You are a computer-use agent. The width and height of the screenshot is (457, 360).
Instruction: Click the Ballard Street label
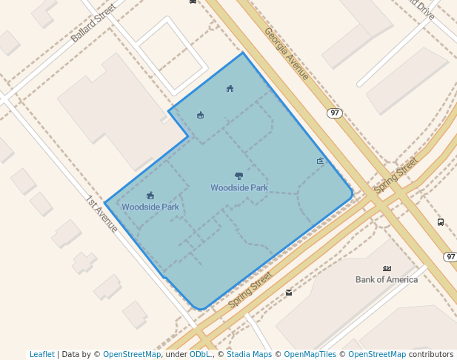pos(94,26)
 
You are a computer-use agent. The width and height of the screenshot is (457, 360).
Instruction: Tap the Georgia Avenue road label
pos(286,53)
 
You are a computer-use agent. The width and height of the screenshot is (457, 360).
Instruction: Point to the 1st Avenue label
pos(101,214)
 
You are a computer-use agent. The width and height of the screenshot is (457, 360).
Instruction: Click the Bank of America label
pos(387,279)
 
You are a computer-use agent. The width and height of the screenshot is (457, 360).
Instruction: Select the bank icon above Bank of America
pos(387,268)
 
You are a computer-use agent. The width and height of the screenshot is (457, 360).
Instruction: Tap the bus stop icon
pos(441,221)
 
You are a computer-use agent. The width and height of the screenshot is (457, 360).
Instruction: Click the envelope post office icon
pos(288,293)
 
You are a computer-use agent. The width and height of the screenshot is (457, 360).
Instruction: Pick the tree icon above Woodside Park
pos(238,176)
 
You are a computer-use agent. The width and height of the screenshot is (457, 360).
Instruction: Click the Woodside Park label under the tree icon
pos(238,188)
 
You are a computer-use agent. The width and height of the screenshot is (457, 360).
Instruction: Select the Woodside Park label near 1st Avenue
pos(150,207)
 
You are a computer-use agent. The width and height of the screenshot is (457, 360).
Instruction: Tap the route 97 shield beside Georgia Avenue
pos(335,113)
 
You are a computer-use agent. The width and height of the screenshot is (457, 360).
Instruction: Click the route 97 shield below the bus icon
pos(450,256)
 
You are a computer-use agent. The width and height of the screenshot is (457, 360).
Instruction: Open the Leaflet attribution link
pos(41,354)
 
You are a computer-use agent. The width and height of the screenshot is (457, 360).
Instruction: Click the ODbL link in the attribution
pos(200,354)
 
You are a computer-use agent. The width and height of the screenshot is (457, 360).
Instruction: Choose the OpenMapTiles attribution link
pos(308,354)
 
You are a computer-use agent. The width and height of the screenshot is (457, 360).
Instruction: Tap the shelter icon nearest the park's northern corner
pos(230,89)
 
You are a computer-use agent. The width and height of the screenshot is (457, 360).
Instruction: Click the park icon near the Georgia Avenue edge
pos(320,161)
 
